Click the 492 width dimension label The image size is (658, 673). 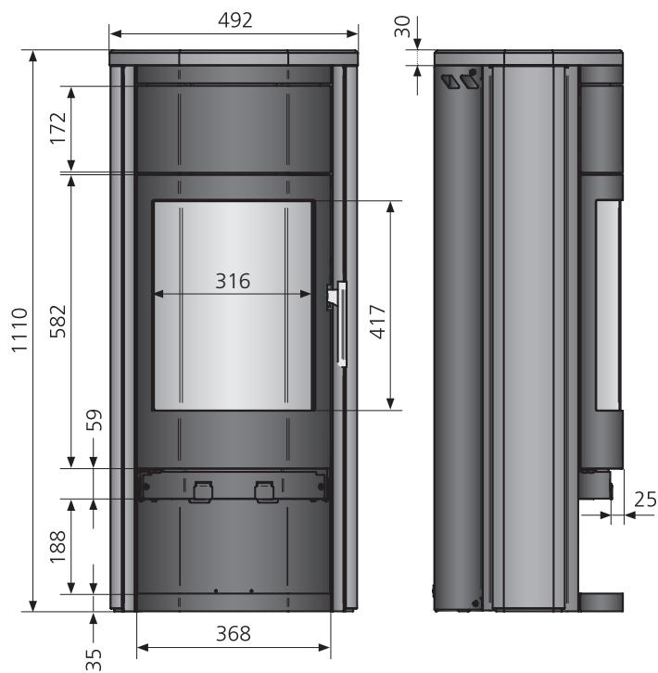coord(234,20)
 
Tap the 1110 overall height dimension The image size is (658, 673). coord(19,330)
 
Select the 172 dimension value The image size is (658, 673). coord(58,128)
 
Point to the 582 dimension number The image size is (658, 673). coord(58,322)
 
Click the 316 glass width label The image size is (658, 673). coord(233,281)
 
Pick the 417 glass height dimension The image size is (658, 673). coord(378,322)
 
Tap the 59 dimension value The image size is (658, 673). coord(95,420)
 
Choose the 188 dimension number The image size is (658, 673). coord(58,546)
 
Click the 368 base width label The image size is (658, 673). coord(233,633)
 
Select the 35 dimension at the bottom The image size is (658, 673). coord(94,659)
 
